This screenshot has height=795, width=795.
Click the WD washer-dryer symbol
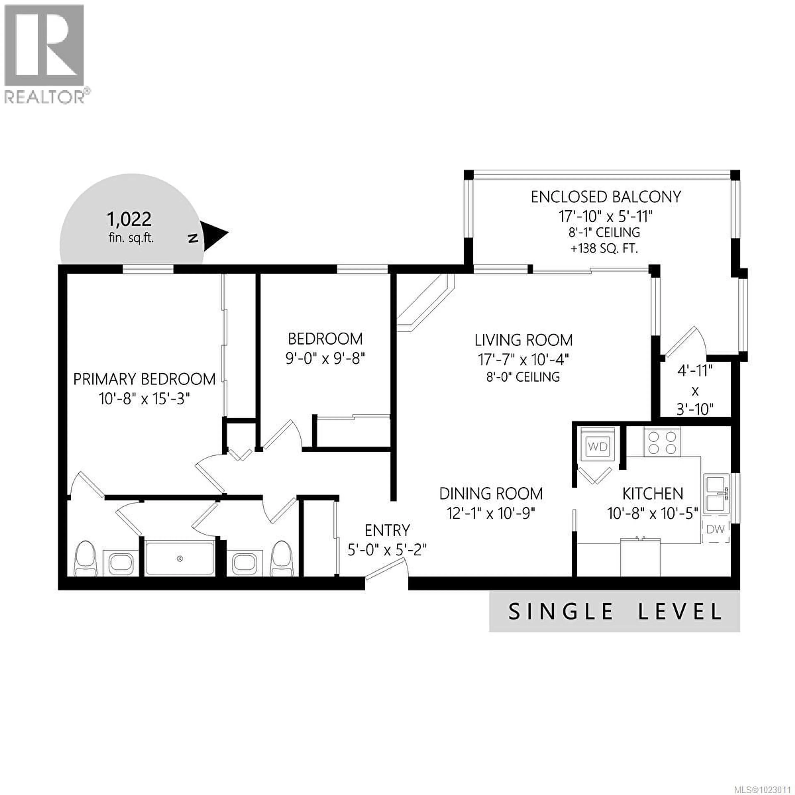click(597, 447)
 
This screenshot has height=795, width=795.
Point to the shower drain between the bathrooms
click(179, 558)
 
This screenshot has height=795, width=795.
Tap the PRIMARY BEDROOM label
click(144, 379)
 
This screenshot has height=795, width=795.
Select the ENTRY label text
click(387, 530)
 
